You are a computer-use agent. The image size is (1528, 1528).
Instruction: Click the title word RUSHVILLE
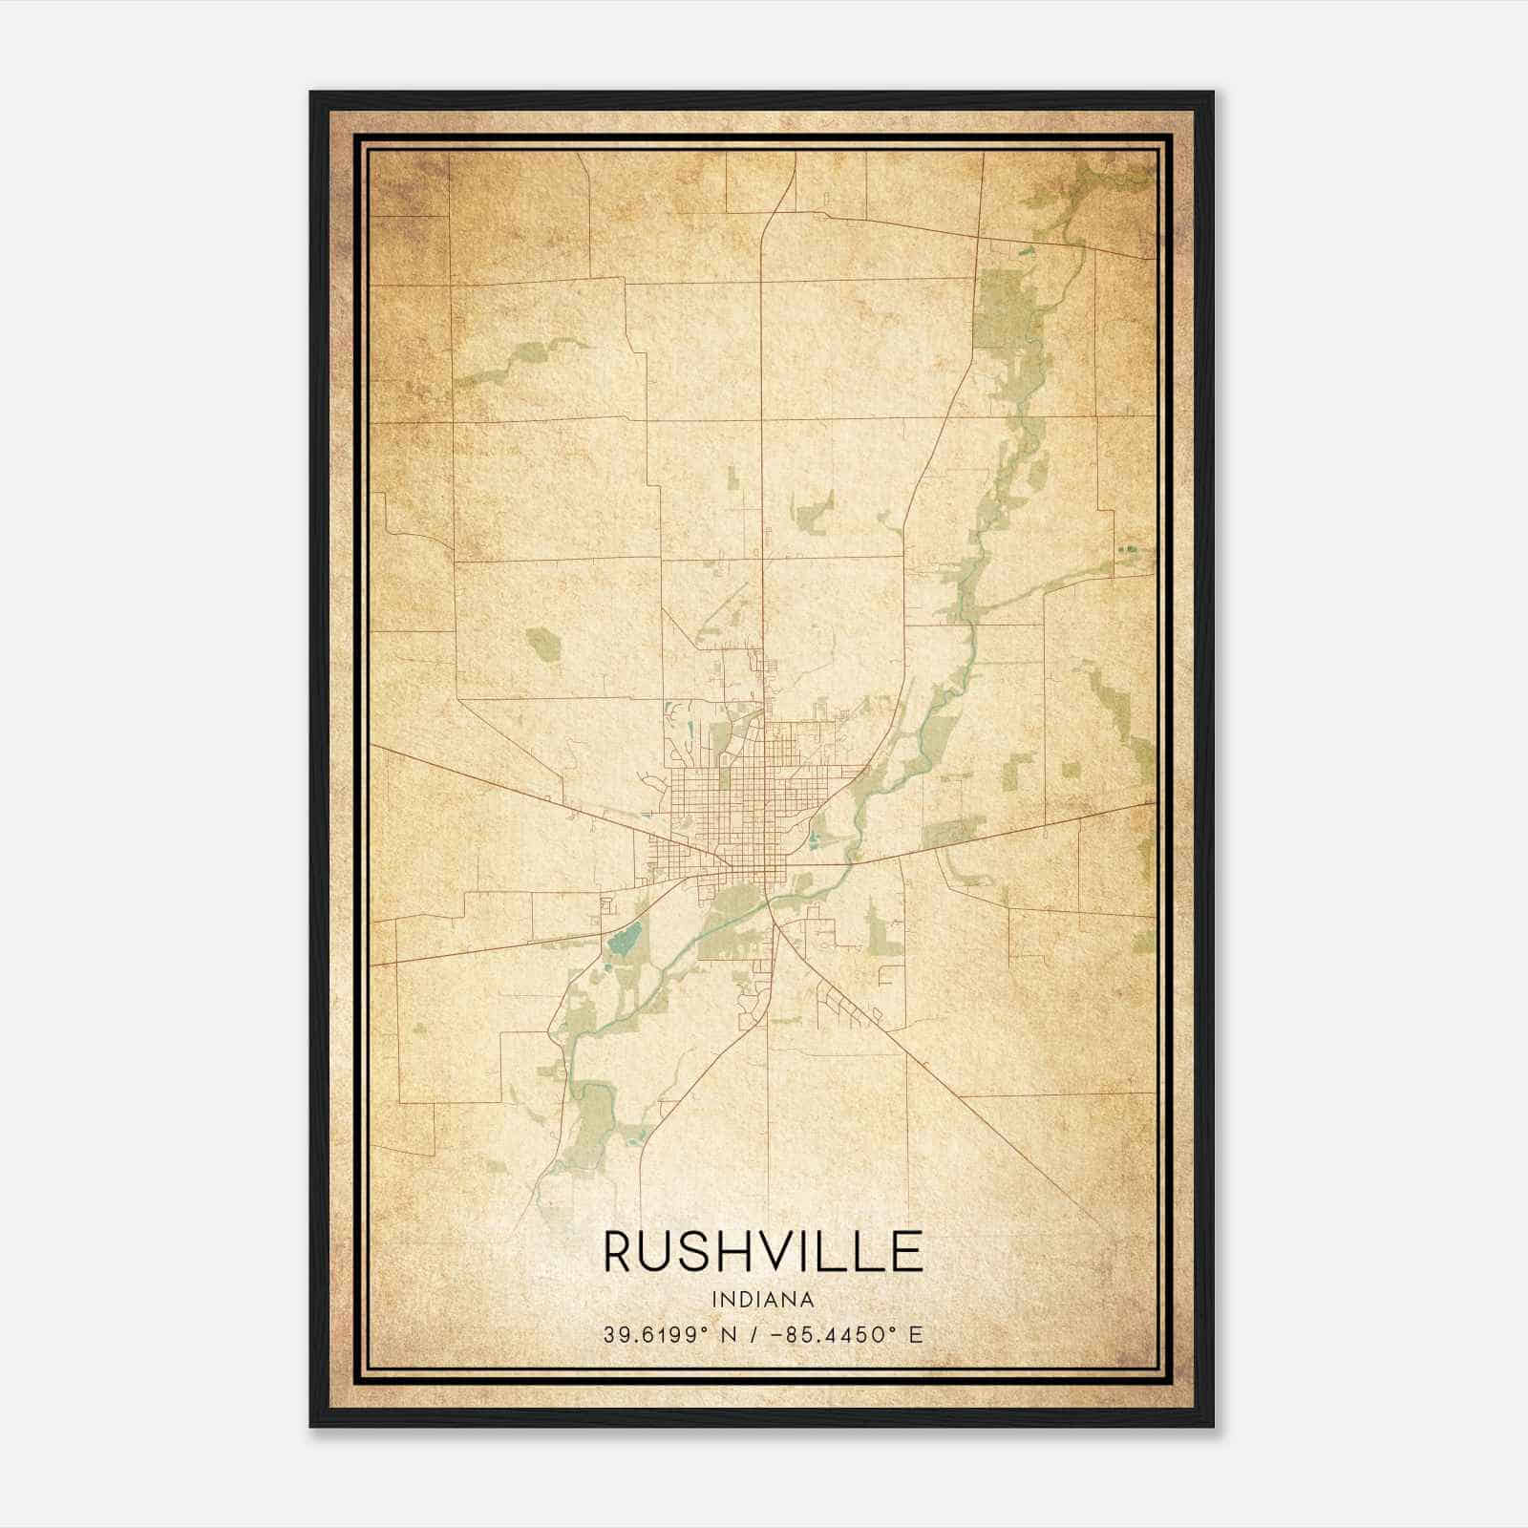click(x=763, y=1252)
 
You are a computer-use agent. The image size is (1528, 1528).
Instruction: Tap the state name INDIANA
click(x=763, y=1300)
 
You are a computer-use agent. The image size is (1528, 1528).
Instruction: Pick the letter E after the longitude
click(x=916, y=1335)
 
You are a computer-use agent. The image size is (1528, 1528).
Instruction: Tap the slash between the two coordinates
click(x=755, y=1335)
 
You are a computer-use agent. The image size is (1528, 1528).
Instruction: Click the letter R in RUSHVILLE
click(x=620, y=1252)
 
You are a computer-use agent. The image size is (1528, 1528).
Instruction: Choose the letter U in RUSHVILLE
click(x=661, y=1252)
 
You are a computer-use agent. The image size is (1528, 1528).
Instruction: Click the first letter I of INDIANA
click(x=714, y=1300)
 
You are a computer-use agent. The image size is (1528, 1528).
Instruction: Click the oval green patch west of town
click(x=541, y=645)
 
